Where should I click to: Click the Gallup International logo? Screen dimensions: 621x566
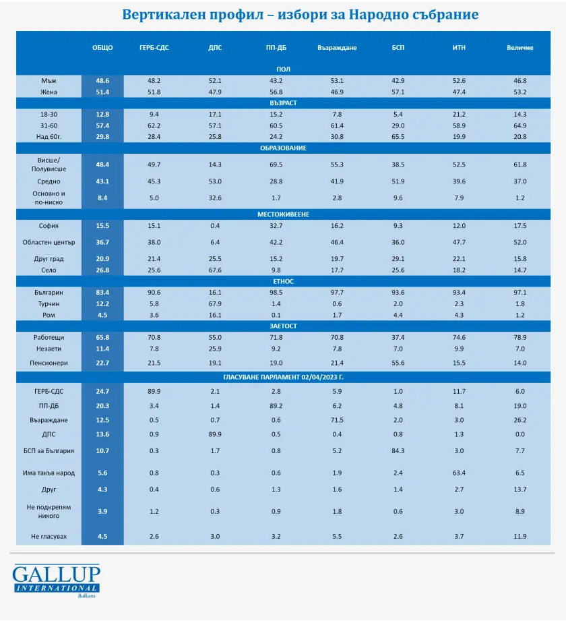56,581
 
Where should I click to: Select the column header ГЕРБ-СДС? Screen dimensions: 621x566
154,48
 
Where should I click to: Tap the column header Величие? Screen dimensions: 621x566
520,48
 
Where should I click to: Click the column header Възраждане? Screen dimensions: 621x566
337,48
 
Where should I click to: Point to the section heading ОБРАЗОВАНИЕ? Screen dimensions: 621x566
283,148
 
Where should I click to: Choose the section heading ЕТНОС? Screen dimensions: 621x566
283,281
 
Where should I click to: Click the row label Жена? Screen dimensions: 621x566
49,92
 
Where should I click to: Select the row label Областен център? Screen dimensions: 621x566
49,242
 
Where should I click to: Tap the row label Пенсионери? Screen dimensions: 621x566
49,363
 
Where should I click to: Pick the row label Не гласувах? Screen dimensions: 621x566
49,537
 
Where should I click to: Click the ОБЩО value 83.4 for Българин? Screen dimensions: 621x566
102,293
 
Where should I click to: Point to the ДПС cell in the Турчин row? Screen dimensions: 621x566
215,303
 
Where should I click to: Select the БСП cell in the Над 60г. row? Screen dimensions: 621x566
398,136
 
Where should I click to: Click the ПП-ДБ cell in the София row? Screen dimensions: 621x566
275,226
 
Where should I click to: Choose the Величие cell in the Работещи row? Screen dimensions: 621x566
520,337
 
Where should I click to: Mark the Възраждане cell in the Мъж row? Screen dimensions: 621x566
337,81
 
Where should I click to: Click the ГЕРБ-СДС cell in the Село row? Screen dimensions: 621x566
154,270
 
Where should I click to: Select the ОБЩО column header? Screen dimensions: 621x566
102,48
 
